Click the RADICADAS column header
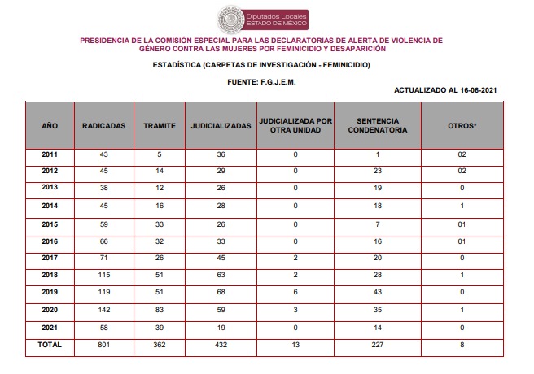click(103, 127)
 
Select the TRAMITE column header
click(159, 127)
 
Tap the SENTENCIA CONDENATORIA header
click(377, 127)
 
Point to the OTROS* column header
click(462, 127)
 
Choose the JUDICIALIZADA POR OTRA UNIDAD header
click(295, 127)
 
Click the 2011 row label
click(49, 154)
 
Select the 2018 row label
click(49, 275)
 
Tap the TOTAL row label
click(49, 345)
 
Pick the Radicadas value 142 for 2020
click(103, 310)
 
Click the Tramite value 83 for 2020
click(159, 310)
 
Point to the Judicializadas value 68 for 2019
click(220, 293)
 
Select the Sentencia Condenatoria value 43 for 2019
click(377, 293)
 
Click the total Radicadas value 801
click(103, 345)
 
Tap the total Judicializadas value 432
click(220, 345)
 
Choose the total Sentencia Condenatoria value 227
click(377, 345)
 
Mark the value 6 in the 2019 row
click(295, 293)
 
